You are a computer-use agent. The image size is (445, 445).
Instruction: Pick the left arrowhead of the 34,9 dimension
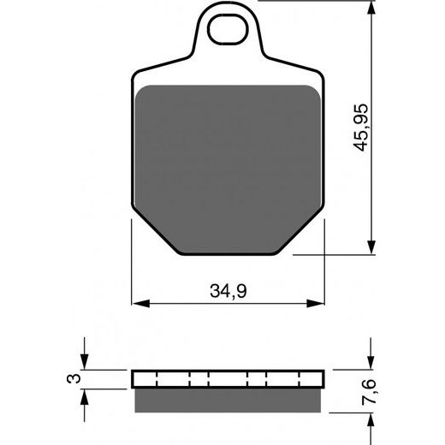(x=139, y=302)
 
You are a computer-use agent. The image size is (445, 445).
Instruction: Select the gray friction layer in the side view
(x=229, y=396)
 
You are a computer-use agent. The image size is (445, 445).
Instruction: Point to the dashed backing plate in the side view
(x=229, y=379)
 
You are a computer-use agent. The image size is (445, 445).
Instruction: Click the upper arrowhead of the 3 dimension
(x=85, y=363)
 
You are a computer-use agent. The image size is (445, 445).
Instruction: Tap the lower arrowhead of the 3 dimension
(x=85, y=396)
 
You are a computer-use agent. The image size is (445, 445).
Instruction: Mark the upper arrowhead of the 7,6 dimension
(x=370, y=363)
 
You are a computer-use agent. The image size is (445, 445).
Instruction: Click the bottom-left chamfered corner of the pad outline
(x=154, y=236)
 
